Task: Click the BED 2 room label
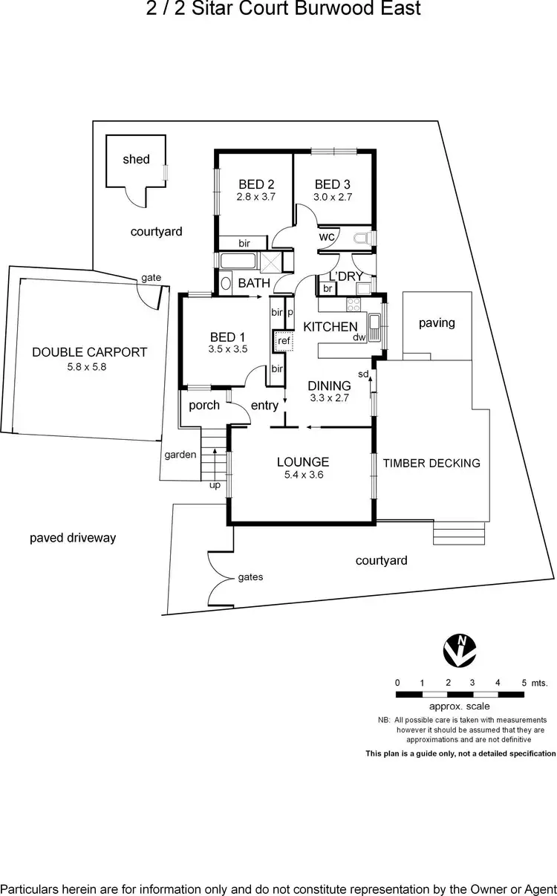point(256,184)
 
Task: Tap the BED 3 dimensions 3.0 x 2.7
point(333,198)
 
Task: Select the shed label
point(136,159)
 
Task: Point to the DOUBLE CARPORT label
point(89,352)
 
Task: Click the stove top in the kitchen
point(351,303)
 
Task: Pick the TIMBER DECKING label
point(431,463)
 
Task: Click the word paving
point(436,323)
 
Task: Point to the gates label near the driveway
point(250,577)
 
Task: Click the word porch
point(204,405)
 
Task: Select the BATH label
point(254,283)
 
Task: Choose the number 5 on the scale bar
point(524,682)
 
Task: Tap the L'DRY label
point(341,276)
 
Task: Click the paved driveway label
point(73,538)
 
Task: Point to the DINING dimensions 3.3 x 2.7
point(329,398)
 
